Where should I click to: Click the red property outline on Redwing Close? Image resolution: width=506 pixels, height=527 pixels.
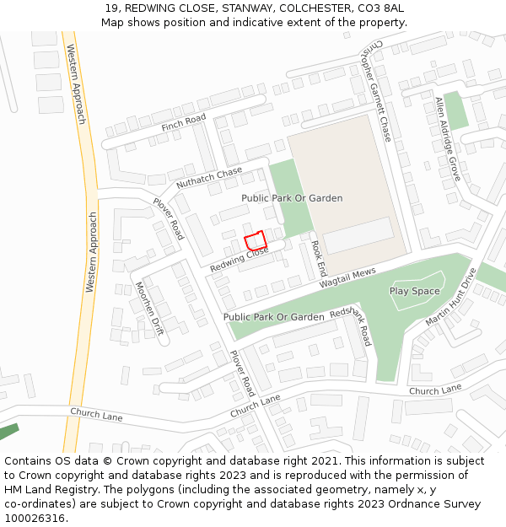tap(255, 239)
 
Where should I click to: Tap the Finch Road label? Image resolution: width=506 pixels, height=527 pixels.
tap(183, 123)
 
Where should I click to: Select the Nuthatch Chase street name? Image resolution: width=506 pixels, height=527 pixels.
tap(208, 179)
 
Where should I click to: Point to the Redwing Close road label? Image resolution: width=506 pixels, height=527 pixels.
tap(239, 259)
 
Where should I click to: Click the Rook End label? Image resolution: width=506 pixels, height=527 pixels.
tap(318, 259)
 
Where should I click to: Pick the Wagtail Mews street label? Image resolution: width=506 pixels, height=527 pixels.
tap(347, 279)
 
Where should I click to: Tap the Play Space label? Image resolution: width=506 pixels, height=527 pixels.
tap(414, 291)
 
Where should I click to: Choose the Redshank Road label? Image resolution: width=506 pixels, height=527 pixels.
tap(351, 325)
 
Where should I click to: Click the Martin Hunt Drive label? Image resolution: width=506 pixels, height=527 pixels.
tap(451, 297)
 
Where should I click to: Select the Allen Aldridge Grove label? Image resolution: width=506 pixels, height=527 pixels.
tap(447, 138)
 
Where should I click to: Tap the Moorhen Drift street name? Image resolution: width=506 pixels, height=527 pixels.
tap(148, 309)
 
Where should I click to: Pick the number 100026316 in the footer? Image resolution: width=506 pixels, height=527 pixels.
tap(35, 518)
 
